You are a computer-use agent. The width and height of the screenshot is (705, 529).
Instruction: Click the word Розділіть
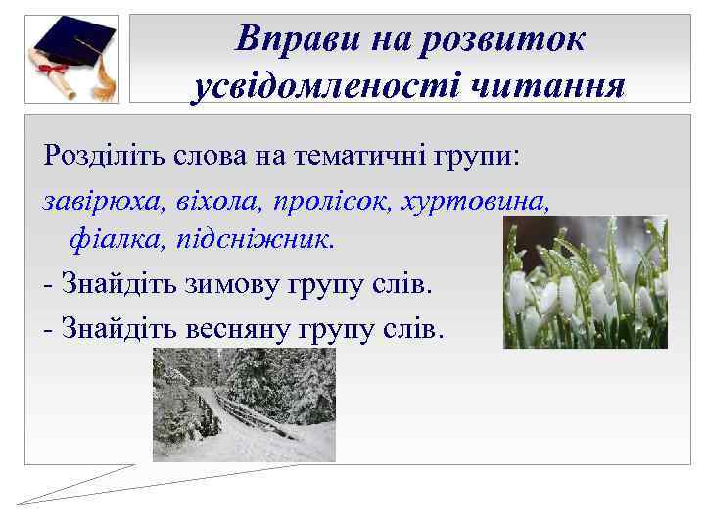[101, 155]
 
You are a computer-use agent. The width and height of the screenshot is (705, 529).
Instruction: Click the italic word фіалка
[109, 240]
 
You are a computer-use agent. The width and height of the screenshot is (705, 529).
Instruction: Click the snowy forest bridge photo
[244, 405]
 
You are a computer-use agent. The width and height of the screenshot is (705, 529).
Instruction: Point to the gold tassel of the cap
[102, 78]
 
